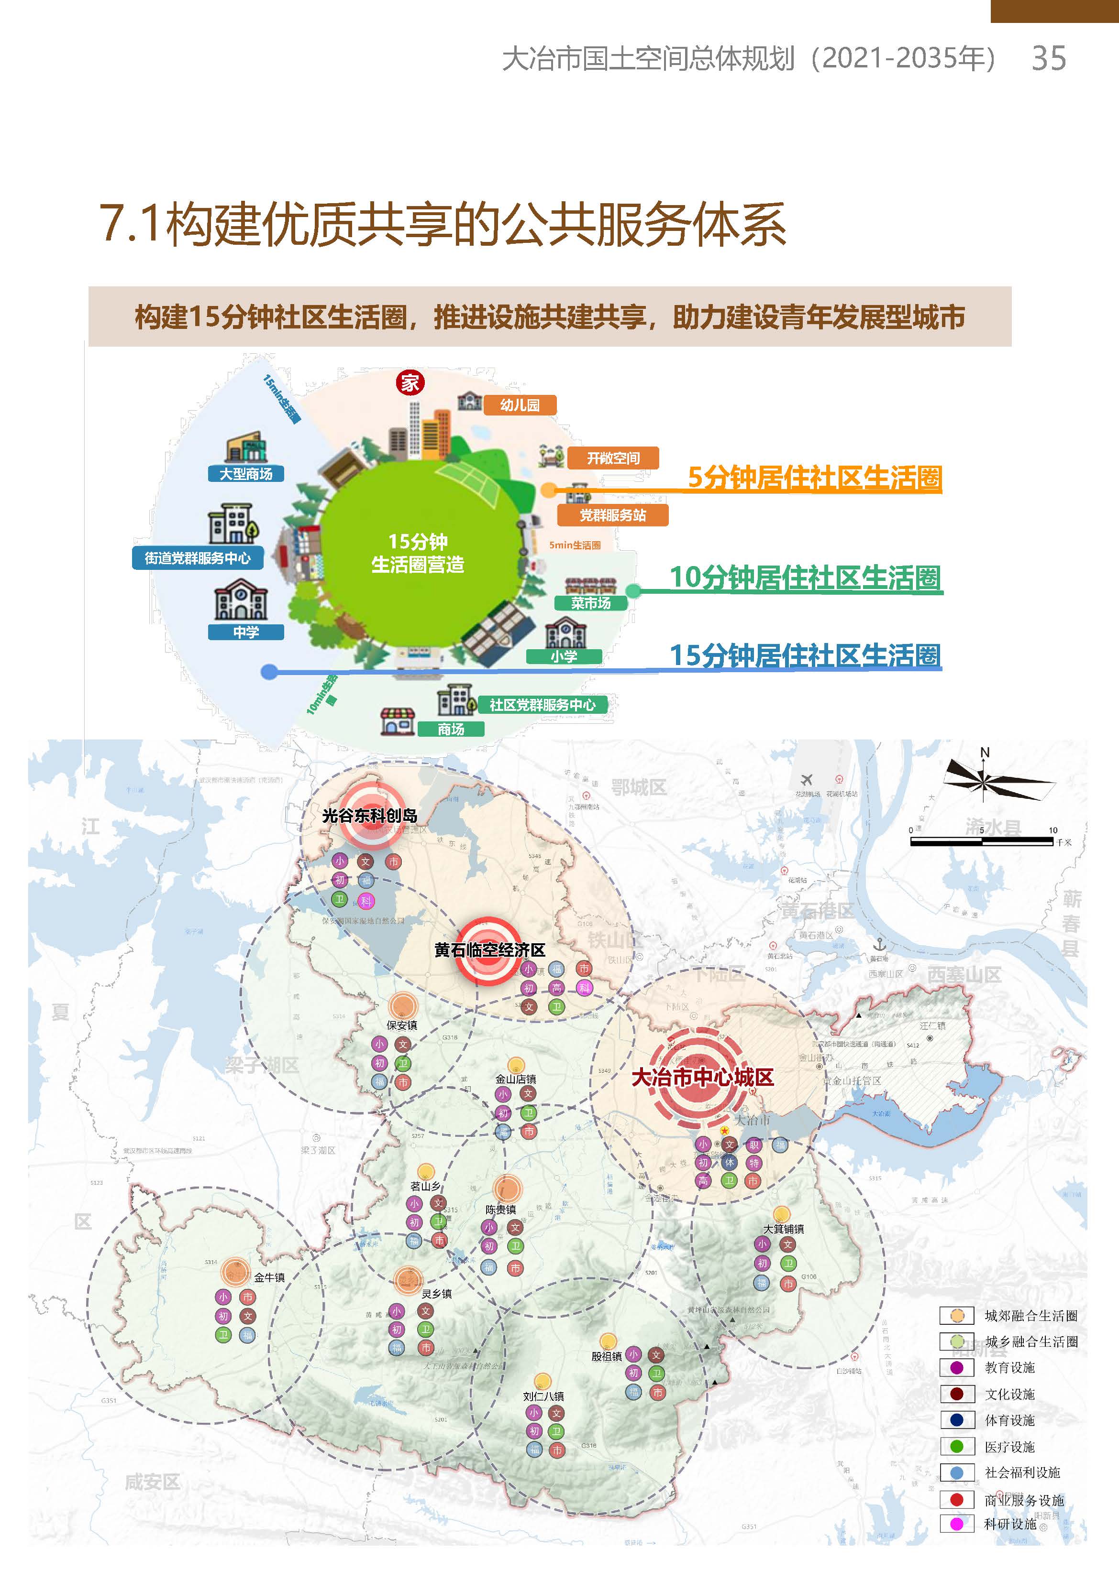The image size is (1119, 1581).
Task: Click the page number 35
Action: [1048, 58]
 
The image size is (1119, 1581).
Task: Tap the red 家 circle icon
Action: [410, 383]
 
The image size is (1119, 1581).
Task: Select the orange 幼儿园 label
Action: [520, 405]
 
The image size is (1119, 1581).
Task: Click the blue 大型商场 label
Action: [246, 474]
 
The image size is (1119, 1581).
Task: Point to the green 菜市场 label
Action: [590, 603]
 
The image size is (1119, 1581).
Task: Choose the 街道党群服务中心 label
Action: [198, 558]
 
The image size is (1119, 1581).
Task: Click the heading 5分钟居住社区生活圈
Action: [814, 477]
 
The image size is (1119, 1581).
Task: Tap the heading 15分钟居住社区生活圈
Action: [805, 655]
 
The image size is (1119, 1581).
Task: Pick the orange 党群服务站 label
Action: [612, 515]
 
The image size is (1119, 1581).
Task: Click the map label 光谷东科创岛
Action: [369, 816]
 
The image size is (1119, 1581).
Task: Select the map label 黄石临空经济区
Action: [489, 950]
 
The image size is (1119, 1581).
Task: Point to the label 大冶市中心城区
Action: [702, 1078]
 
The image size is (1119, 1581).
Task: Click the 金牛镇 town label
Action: [269, 1277]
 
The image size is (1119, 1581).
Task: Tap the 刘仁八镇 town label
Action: [543, 1396]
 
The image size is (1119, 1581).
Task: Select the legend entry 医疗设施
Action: [1009, 1447]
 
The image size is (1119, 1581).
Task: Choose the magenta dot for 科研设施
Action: [956, 1524]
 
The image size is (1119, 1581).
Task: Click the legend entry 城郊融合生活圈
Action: [1030, 1316]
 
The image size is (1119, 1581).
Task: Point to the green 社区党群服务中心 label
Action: [542, 704]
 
